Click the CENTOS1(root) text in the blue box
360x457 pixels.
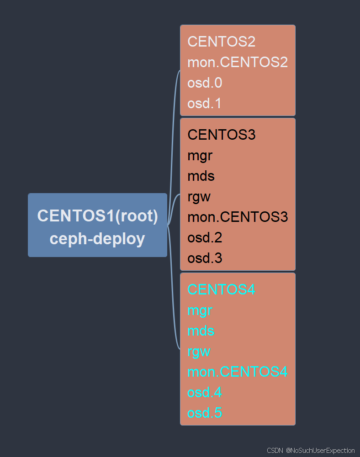pyautogui.click(x=97, y=216)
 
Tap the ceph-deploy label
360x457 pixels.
pyautogui.click(x=97, y=238)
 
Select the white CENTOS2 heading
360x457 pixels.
pyautogui.click(x=221, y=42)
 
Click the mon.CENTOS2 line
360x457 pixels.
pyautogui.click(x=238, y=62)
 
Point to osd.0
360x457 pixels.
pyautogui.click(x=205, y=83)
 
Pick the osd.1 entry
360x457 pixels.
pyautogui.click(x=205, y=103)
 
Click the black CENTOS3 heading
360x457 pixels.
pyautogui.click(x=221, y=135)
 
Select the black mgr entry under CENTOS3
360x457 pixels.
pyautogui.click(x=200, y=156)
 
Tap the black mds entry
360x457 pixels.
pyautogui.click(x=201, y=176)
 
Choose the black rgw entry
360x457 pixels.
pyautogui.click(x=199, y=197)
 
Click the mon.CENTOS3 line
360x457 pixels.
pyautogui.click(x=238, y=217)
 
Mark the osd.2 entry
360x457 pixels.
pyautogui.click(x=205, y=237)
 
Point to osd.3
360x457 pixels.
pyautogui.click(x=205, y=258)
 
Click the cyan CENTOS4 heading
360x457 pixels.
pyautogui.click(x=221, y=289)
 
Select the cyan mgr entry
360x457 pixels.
pyautogui.click(x=200, y=310)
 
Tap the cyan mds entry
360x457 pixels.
pyautogui.click(x=201, y=331)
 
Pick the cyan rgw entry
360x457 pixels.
pyautogui.click(x=199, y=352)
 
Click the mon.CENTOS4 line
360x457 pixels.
pyautogui.click(x=238, y=372)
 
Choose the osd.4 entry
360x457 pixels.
pyautogui.click(x=205, y=392)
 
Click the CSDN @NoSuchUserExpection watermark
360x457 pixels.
pyautogui.click(x=311, y=450)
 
